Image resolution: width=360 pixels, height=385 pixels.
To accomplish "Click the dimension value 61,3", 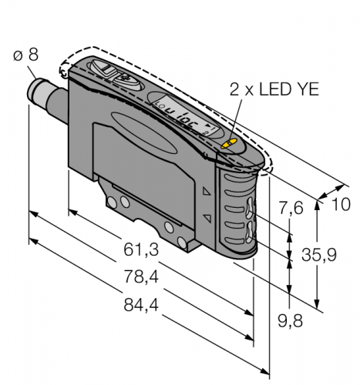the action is point(141,249).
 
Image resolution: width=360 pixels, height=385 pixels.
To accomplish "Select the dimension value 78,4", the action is point(141,277).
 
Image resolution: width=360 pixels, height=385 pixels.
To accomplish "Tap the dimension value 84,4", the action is point(141,305).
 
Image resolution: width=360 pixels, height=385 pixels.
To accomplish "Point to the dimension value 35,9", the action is point(318,255).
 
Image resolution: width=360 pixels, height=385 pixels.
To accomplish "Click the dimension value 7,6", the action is point(291,208).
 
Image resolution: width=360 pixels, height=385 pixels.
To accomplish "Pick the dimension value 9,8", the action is point(291,321).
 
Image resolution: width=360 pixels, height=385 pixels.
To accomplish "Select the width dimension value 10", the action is point(341,205).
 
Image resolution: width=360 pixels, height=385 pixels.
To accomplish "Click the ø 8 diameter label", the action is point(25,55).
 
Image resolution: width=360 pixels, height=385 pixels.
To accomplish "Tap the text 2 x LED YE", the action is point(274,89).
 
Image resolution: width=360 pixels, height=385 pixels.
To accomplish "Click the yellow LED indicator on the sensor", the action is point(228,144).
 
